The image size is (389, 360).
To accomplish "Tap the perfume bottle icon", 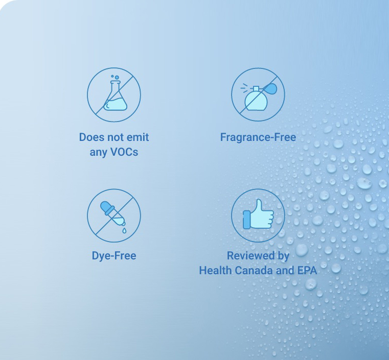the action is tap(259, 97).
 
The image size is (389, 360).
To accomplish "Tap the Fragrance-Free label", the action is tap(258, 137).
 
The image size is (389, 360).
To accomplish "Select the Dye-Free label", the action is tap(114, 256).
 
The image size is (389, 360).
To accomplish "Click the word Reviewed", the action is tap(251, 255).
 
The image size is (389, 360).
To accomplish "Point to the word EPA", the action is tap(307, 270).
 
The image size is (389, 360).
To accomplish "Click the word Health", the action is tap(215, 270).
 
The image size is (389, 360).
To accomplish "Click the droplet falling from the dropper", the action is tap(124, 231).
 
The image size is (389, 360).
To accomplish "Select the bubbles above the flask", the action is tap(115, 77).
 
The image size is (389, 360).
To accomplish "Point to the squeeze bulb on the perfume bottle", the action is tap(270, 88).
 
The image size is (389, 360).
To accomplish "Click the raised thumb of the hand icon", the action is tap(259, 206).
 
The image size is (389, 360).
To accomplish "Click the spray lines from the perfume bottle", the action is tap(244, 88).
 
